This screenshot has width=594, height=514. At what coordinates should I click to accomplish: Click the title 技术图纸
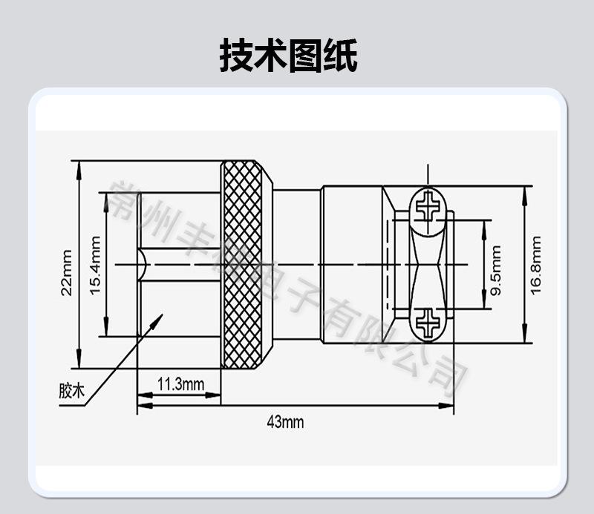click(x=288, y=56)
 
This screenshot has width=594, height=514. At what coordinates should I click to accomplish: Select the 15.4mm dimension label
click(x=95, y=265)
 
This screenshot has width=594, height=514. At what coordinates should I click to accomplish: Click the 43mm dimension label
click(x=285, y=423)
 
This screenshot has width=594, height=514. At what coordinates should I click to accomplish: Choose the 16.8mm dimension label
click(x=537, y=265)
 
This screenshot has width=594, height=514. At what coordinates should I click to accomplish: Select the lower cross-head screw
click(x=428, y=322)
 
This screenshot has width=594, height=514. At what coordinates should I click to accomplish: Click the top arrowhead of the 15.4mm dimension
click(x=106, y=197)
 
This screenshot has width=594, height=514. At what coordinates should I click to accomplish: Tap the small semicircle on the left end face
click(x=141, y=264)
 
